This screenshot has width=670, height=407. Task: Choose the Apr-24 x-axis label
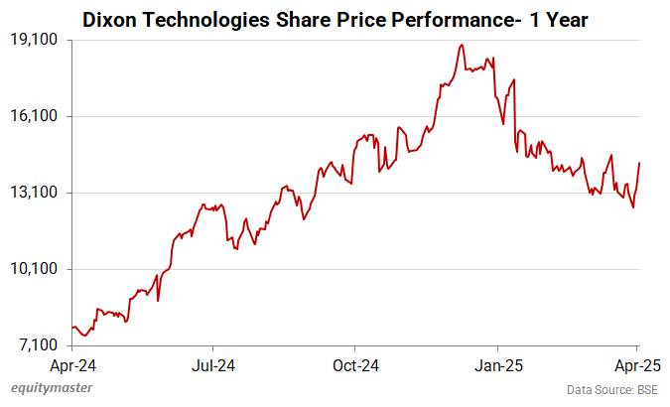73,363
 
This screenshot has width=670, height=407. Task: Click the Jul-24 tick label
213,363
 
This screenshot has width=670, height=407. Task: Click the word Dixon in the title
107,18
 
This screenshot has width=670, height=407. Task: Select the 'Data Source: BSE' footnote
611,389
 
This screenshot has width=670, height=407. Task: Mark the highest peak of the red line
462,45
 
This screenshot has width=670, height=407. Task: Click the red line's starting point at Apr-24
73,327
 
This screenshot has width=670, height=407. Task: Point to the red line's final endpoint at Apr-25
639,163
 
